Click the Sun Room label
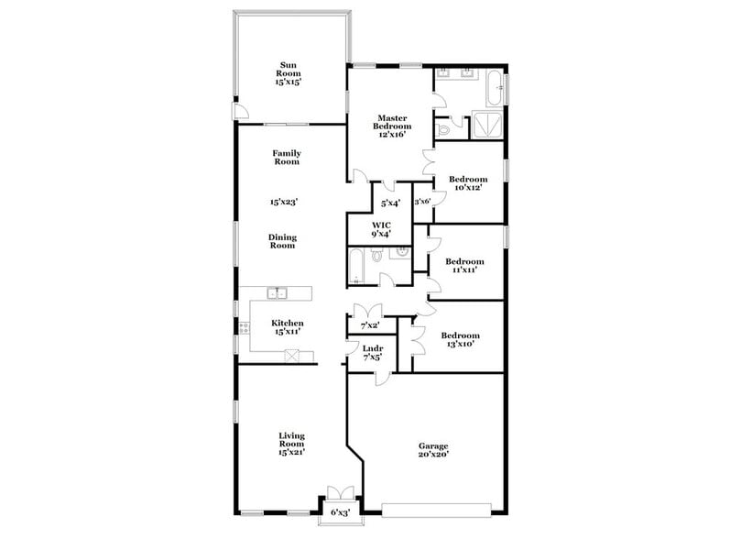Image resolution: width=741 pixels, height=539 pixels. (289, 73)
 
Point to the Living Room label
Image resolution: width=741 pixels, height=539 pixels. (291, 444)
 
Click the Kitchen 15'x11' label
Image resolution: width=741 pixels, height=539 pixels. (287, 327)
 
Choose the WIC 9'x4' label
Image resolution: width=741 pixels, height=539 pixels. (382, 229)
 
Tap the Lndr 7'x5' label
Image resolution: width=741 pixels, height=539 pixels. (372, 353)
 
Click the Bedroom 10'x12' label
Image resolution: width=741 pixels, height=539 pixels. (468, 183)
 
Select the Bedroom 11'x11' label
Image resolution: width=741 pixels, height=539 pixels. (465, 266)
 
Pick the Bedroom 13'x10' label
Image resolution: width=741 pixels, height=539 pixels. (461, 340)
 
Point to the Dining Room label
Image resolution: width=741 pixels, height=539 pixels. (282, 242)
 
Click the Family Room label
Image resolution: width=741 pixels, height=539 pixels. (287, 158)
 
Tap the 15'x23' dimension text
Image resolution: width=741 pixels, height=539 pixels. (284, 201)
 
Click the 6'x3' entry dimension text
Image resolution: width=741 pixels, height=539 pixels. (340, 512)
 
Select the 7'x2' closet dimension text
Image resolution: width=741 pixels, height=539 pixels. (370, 325)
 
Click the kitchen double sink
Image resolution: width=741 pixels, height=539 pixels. (278, 293)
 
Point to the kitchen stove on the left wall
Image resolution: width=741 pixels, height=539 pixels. (245, 327)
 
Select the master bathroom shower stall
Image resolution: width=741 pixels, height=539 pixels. (485, 126)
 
